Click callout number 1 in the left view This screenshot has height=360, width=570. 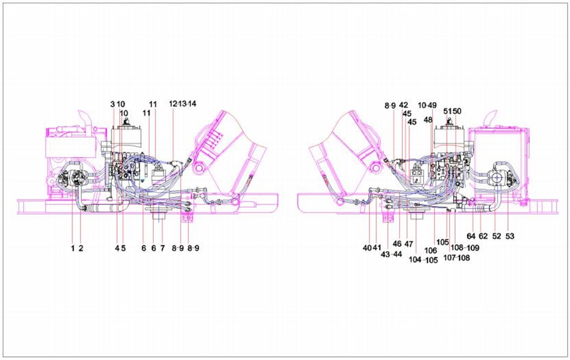point(73,248)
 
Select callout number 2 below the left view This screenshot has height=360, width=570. point(81,248)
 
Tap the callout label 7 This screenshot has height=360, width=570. point(163,248)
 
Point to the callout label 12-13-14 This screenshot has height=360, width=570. point(182,104)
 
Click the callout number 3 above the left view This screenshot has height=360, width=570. point(113,104)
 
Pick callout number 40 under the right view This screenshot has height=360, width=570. point(367,248)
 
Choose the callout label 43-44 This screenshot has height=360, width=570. point(391,254)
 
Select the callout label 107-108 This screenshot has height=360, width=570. point(457,258)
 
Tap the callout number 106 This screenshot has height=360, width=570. point(431,251)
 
